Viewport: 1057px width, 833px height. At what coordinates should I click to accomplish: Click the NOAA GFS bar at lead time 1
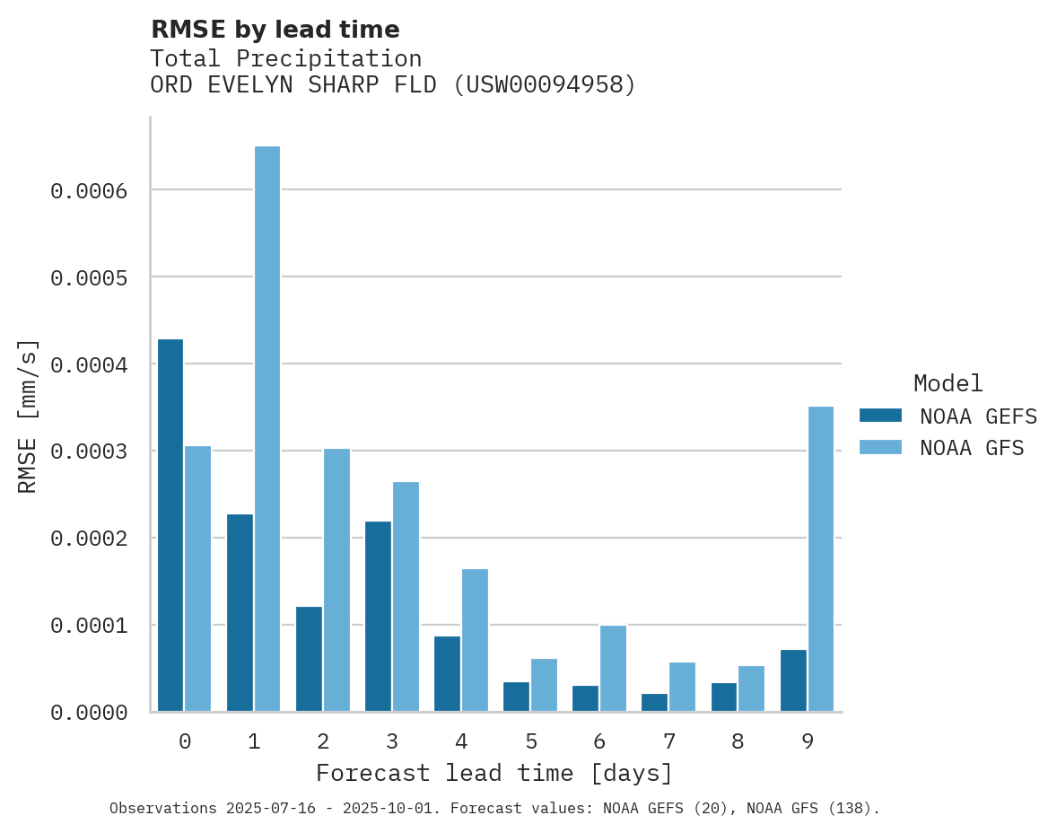tap(267, 429)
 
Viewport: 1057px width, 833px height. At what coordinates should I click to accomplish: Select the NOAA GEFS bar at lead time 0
tap(170, 525)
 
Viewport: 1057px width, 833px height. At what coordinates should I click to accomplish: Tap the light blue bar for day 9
tap(821, 558)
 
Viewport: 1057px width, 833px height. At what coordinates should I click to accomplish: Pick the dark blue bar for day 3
tap(378, 616)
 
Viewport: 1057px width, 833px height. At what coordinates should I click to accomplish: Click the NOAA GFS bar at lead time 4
tap(475, 640)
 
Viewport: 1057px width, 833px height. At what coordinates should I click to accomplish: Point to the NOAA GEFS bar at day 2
tap(309, 659)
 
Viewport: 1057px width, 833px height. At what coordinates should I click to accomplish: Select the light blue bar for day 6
tap(613, 668)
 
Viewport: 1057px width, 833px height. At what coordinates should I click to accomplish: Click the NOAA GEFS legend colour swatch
tap(880, 415)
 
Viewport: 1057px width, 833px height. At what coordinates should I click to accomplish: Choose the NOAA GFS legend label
tap(972, 447)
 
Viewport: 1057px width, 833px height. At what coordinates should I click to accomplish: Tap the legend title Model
tap(948, 383)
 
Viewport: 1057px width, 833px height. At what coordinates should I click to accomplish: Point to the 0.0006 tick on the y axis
tap(89, 190)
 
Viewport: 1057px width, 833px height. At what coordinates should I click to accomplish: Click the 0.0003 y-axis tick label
tap(89, 452)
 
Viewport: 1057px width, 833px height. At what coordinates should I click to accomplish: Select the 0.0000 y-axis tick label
tap(89, 713)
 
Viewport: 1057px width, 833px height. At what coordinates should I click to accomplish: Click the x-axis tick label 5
tap(531, 741)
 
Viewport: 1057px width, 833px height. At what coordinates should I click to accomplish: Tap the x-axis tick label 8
tap(738, 741)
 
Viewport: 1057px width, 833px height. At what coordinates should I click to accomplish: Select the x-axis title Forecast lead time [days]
tap(494, 773)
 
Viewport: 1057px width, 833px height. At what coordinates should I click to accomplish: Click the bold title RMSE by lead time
tap(275, 30)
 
